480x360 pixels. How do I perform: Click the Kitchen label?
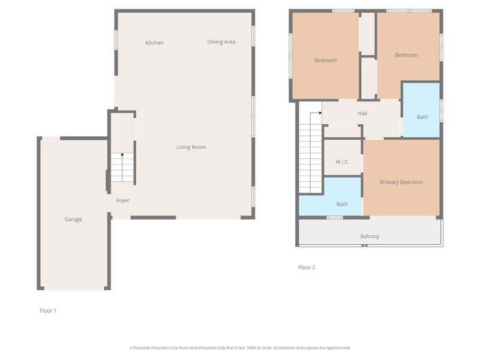(154, 43)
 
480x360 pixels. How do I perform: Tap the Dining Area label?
(221, 42)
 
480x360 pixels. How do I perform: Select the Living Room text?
(191, 147)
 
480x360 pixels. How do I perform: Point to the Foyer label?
(123, 200)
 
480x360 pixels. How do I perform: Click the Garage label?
(73, 220)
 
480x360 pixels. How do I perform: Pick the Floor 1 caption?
(48, 311)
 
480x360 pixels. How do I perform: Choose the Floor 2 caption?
(307, 268)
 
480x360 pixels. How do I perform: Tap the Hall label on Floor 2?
(362, 113)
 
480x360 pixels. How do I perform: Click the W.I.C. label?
(342, 162)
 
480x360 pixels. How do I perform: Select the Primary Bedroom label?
(401, 182)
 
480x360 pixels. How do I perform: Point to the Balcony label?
(370, 236)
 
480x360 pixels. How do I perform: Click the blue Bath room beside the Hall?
(422, 110)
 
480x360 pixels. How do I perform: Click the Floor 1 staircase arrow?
(122, 167)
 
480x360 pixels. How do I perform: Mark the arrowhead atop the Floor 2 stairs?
(320, 113)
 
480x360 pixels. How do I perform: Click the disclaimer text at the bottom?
(239, 348)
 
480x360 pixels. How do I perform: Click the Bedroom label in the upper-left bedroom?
(325, 61)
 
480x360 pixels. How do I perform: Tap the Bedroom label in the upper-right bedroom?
(406, 55)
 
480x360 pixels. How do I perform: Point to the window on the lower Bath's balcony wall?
(335, 218)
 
